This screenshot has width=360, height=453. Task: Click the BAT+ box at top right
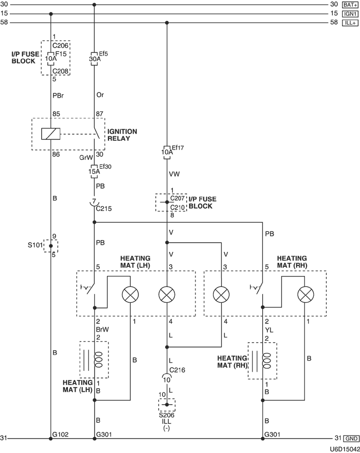[350, 5]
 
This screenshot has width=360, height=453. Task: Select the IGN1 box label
[350, 13]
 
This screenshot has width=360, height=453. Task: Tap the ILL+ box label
[350, 23]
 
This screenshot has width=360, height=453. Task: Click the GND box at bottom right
[351, 438]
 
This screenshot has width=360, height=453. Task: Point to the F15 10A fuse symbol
[51, 59]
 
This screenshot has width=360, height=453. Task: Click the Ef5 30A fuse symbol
[94, 59]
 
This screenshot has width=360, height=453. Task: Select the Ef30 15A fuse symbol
[94, 171]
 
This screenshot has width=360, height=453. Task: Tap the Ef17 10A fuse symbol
[167, 152]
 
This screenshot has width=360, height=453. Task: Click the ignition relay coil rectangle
[51, 134]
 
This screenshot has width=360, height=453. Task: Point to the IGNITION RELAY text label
[122, 135]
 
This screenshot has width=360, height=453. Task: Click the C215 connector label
[104, 209]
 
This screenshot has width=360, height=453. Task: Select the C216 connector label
[177, 370]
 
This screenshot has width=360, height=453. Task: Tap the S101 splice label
[35, 245]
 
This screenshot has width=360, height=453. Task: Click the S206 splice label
[167, 415]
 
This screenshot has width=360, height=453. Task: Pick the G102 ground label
[60, 434]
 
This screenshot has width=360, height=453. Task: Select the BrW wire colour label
[102, 330]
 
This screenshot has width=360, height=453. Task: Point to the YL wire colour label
[268, 330]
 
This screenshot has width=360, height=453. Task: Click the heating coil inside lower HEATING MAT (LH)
[99, 360]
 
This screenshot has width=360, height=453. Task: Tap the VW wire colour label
[174, 174]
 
